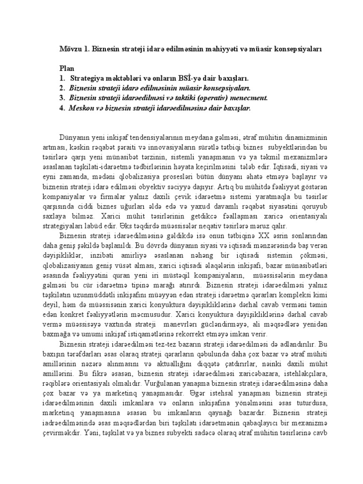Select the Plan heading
pos(68,69)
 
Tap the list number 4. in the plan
pos(62,108)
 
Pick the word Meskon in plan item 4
pos(80,108)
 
